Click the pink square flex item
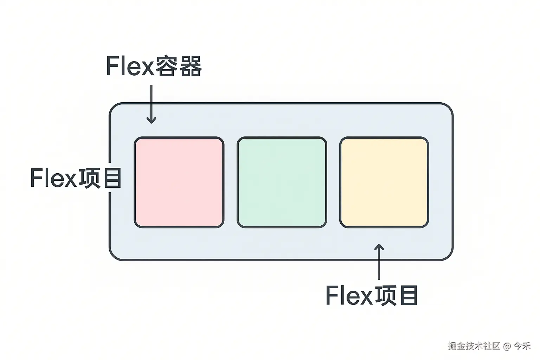point(179,182)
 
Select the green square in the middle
point(282,182)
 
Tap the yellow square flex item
point(384,182)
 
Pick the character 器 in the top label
point(190,66)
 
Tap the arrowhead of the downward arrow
point(151,120)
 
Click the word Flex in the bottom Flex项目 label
point(349,295)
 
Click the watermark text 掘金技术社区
point(474,346)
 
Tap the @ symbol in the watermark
point(507,346)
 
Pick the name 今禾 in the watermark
point(522,346)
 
